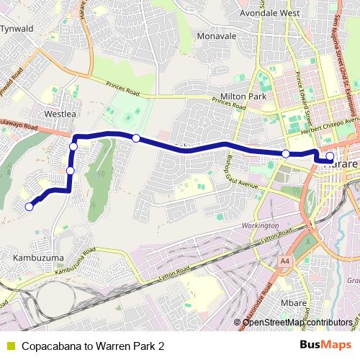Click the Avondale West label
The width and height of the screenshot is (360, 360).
click(269, 13)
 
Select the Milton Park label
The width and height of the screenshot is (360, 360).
click(243, 96)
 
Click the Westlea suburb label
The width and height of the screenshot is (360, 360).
click(60, 114)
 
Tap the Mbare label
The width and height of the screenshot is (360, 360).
click(294, 302)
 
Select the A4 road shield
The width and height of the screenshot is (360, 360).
click(287, 261)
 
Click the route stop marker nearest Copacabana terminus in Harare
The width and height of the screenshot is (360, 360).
click(330, 156)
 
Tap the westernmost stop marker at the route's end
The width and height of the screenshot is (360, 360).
click(30, 207)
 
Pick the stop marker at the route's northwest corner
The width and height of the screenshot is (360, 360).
click(73, 147)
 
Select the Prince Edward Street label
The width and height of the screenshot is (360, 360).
click(305, 101)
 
